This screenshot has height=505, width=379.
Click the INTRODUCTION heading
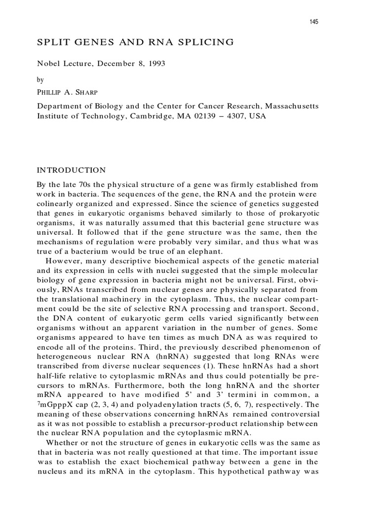point(72,171)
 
